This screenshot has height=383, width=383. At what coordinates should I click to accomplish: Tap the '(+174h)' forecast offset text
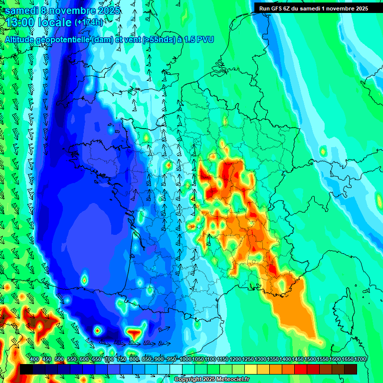pos(89,22)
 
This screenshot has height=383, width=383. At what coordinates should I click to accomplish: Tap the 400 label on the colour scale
pos(34,359)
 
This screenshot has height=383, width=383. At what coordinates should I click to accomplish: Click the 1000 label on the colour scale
pos(186,359)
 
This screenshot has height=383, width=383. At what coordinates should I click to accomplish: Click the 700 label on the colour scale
pos(109,359)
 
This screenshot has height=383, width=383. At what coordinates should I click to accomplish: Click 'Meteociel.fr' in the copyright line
pos(230,380)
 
